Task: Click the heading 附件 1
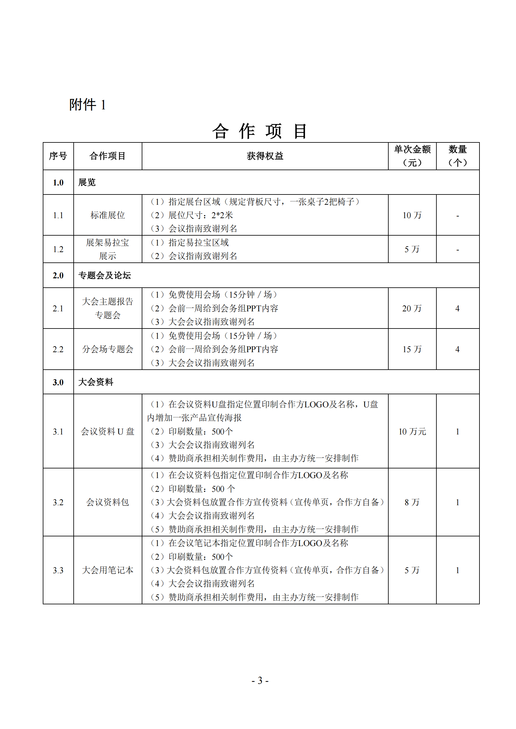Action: point(87,105)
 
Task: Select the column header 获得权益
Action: point(264,156)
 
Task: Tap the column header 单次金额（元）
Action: point(412,156)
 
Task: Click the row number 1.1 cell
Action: point(58,215)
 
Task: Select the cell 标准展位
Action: point(107,215)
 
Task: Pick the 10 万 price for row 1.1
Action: point(412,215)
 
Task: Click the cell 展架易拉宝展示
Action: point(107,249)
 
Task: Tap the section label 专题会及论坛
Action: point(105,275)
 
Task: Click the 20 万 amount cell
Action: point(412,308)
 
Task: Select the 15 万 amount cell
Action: point(412,349)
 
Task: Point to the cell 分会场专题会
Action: point(107,349)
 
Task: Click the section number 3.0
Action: point(58,382)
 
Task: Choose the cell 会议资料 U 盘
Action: point(107,431)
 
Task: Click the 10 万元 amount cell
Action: point(412,431)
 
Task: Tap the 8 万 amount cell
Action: point(412,502)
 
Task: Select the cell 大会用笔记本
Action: point(107,570)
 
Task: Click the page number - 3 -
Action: point(260,680)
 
